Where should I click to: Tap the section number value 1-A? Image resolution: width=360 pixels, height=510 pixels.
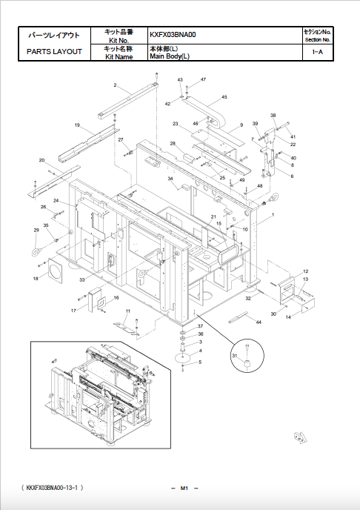coord(317,52)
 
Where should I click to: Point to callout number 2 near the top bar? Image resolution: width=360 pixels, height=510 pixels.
coord(115,86)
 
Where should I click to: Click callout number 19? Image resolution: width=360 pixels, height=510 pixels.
coord(77,126)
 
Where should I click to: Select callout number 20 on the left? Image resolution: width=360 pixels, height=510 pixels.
coord(41,160)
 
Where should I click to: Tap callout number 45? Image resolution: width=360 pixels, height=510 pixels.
coord(224,97)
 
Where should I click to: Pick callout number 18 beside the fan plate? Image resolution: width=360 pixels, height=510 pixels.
coord(35,279)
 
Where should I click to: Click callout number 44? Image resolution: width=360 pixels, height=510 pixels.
coord(259,322)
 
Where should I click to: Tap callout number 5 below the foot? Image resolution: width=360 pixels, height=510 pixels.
coord(199,362)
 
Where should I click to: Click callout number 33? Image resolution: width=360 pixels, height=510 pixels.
coord(82,279)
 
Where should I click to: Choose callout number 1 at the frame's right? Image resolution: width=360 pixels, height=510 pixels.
coord(273,215)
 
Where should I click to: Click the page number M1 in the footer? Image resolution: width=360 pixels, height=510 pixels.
coord(181,487)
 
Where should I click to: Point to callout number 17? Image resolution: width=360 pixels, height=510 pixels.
coord(73,311)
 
